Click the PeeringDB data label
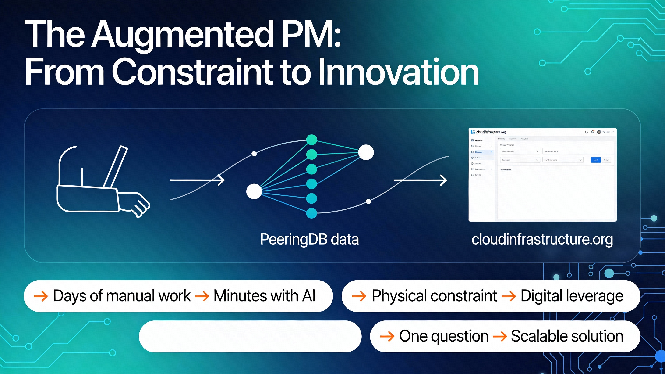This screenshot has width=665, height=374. pyautogui.click(x=309, y=239)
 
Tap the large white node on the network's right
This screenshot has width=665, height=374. pyautogui.click(x=366, y=152)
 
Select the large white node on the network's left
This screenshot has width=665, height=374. pyautogui.click(x=254, y=191)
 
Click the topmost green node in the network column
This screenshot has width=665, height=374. pyautogui.click(x=311, y=140)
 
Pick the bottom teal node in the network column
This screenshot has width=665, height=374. pyautogui.click(x=311, y=213)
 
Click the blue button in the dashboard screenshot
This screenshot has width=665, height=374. pyautogui.click(x=596, y=160)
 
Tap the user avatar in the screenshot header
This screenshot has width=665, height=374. pyautogui.click(x=599, y=132)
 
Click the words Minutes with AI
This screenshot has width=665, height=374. pyautogui.click(x=264, y=296)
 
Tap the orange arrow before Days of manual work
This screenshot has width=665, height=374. pyautogui.click(x=41, y=296)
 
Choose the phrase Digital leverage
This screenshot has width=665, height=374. pyautogui.click(x=572, y=296)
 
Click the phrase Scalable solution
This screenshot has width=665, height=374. pyautogui.click(x=567, y=336)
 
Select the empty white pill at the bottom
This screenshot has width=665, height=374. pyautogui.click(x=250, y=336)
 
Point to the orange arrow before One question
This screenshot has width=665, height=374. pyautogui.click(x=387, y=337)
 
